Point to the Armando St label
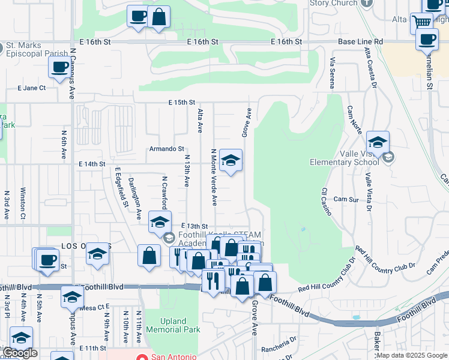167,149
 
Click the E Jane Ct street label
32,88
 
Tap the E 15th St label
182,103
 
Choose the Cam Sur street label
346,199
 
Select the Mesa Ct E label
93,308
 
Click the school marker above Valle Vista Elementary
378,143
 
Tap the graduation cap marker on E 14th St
231,161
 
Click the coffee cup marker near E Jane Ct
59,68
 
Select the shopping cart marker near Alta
421,23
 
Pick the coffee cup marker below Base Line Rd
427,40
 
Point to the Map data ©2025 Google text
412,355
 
